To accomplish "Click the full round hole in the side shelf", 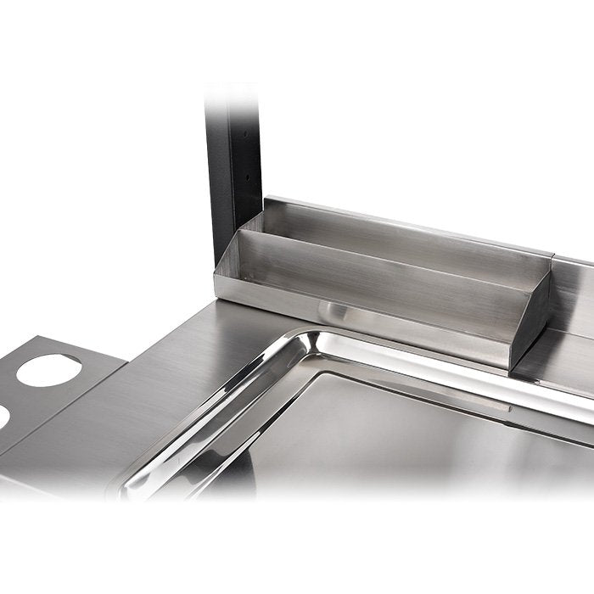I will pos(49,370).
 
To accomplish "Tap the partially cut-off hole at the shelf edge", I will pos(3,416).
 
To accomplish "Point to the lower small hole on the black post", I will pos(247,179).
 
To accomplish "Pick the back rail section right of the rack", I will pos(574,289).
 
